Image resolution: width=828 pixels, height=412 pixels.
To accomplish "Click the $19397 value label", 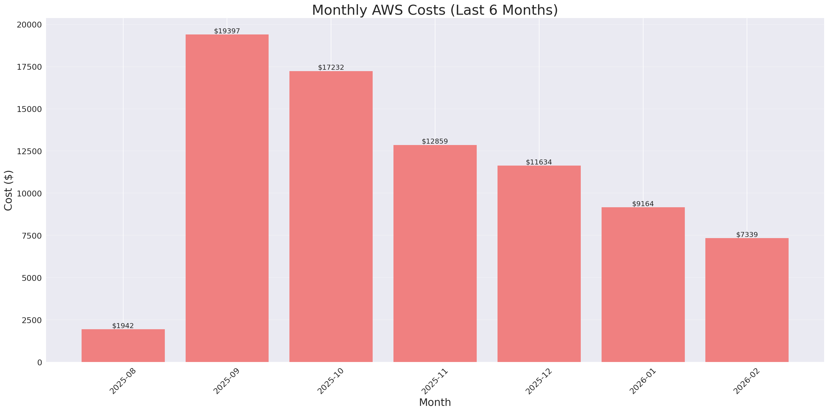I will (x=227, y=31).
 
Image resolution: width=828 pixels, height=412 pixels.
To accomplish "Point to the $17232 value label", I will (x=331, y=67).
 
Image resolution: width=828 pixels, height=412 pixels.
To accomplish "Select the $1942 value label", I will (x=123, y=326).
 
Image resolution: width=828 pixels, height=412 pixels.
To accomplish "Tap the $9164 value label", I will (x=643, y=204).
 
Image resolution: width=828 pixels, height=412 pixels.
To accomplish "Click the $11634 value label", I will (x=539, y=162).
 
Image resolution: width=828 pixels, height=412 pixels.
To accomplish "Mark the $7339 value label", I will (x=747, y=235).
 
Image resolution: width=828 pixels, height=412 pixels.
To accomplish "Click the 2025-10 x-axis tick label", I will (x=330, y=381).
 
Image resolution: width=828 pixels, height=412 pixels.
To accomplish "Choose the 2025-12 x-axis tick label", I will (x=538, y=381).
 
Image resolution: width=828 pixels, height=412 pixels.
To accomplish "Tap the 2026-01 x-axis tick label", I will (x=642, y=381).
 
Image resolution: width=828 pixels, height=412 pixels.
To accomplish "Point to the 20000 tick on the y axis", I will (x=29, y=25).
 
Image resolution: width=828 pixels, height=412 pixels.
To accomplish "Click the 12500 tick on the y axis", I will (x=29, y=151).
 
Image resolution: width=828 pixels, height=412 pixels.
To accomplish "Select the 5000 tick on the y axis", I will (x=32, y=278).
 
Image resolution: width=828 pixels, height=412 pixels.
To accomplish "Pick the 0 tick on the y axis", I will (x=39, y=363).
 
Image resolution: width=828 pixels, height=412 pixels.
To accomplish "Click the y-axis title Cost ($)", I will (x=8, y=190).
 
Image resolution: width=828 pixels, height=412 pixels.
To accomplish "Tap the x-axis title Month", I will (x=435, y=402).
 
